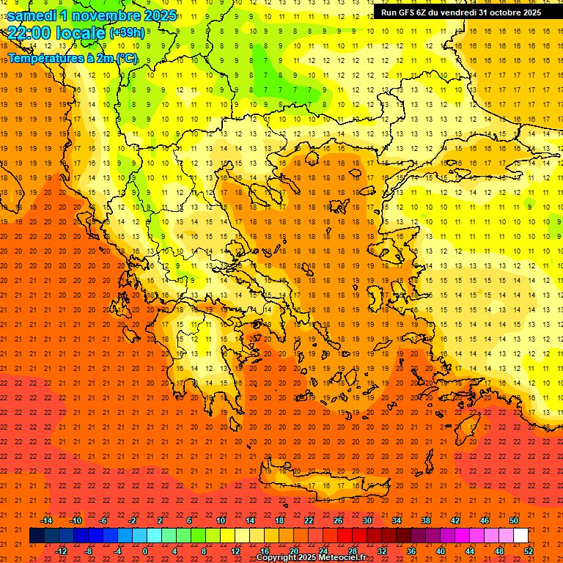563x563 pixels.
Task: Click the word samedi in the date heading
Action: [x=33, y=15]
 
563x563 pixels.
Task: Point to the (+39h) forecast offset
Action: [x=127, y=33]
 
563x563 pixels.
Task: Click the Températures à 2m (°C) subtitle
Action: [x=72, y=58]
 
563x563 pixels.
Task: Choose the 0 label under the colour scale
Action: [x=145, y=551]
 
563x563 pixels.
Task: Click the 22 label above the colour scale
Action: [x=309, y=520]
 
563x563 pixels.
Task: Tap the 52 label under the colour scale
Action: [x=529, y=551]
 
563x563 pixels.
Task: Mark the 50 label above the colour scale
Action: [x=514, y=520]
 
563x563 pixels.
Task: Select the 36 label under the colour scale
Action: [x=411, y=551]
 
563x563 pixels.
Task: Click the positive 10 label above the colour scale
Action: [x=221, y=520]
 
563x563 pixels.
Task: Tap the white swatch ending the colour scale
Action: [x=520, y=536]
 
